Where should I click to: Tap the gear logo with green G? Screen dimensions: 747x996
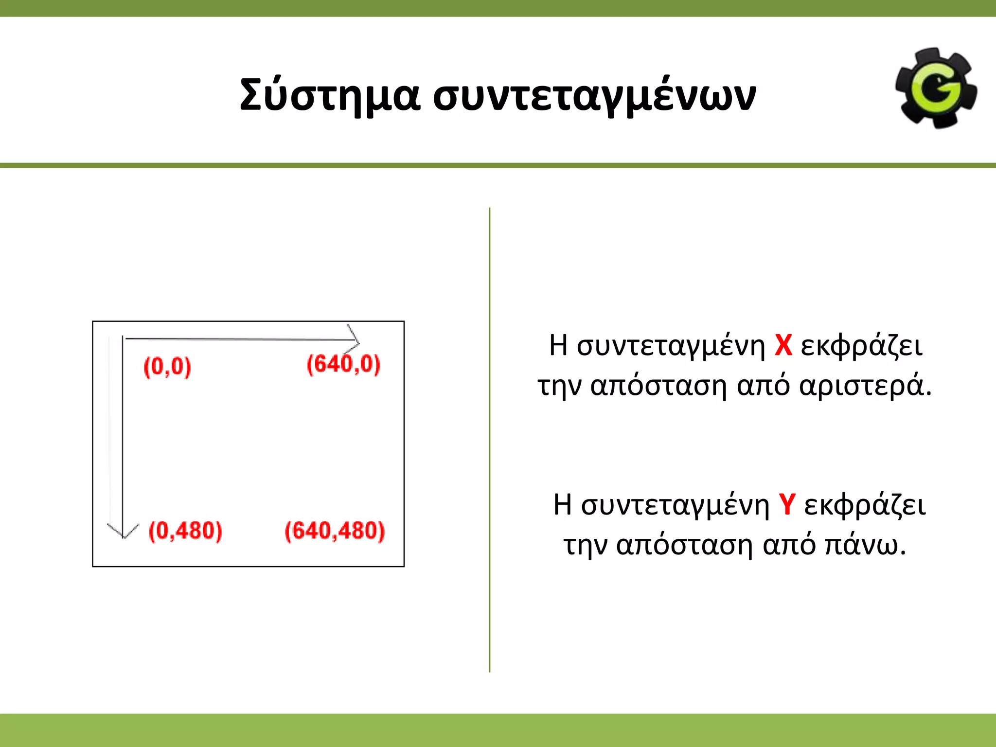pos(936,89)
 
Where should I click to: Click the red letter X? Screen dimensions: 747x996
pos(783,346)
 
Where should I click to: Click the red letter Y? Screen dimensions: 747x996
pos(787,505)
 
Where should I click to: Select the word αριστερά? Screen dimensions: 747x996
pos(865,387)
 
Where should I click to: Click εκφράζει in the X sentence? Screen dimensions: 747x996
pos(861,346)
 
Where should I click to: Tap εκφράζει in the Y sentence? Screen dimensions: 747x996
pos(865,505)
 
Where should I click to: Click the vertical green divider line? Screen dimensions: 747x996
pos(490,438)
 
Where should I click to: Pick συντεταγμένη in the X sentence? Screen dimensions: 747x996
pos(671,347)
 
